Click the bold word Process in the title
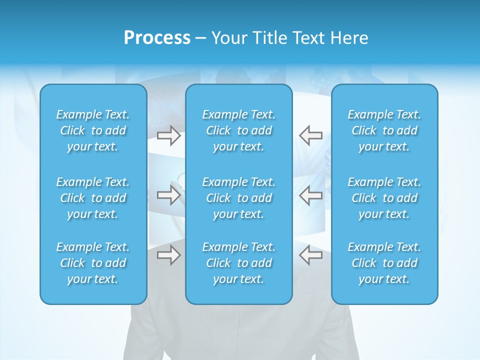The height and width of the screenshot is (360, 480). [x=157, y=38]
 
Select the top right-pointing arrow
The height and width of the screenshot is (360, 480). [x=168, y=135]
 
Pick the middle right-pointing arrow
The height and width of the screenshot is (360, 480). [x=168, y=195]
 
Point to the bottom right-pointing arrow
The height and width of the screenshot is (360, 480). [x=168, y=255]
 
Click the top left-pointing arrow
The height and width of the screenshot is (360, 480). [x=310, y=135]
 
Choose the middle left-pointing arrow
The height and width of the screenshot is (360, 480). [x=310, y=195]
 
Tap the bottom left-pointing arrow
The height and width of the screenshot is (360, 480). [x=310, y=255]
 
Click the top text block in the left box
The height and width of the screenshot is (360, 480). [x=93, y=130]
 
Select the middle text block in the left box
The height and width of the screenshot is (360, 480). [x=93, y=198]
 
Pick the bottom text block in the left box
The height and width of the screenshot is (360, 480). [x=93, y=263]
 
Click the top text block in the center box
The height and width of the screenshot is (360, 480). [x=238, y=130]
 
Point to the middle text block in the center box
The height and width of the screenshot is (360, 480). [x=238, y=198]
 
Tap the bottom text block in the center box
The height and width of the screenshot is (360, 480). [x=238, y=263]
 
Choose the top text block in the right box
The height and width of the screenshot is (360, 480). [x=384, y=130]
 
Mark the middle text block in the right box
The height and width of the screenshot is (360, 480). [x=384, y=198]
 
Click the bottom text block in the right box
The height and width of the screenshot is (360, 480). [x=384, y=263]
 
